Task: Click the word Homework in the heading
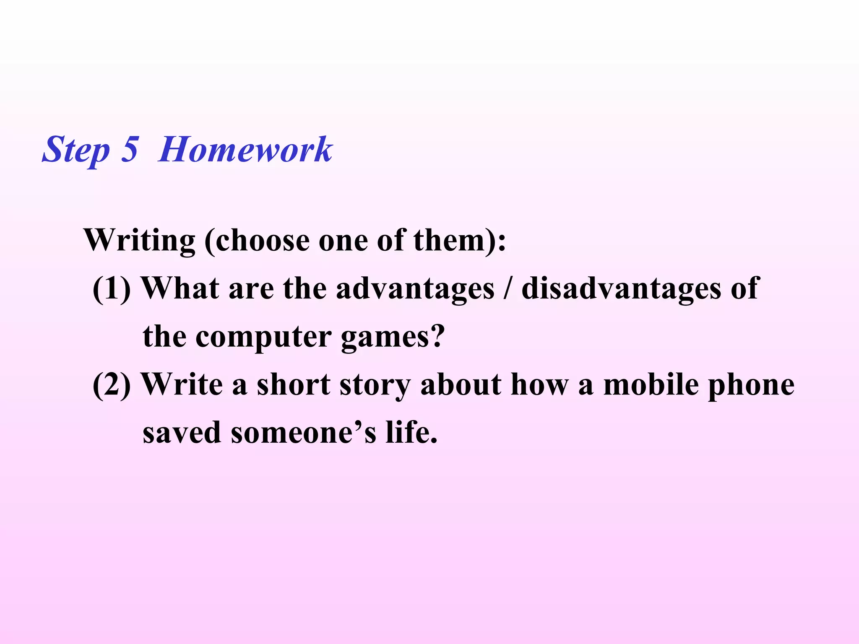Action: (x=245, y=150)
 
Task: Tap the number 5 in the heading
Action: (x=130, y=150)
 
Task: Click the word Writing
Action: (x=140, y=241)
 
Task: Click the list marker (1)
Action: (x=112, y=289)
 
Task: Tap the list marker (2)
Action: (x=112, y=385)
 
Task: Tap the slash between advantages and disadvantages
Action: (x=508, y=289)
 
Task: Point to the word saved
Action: (x=182, y=433)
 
